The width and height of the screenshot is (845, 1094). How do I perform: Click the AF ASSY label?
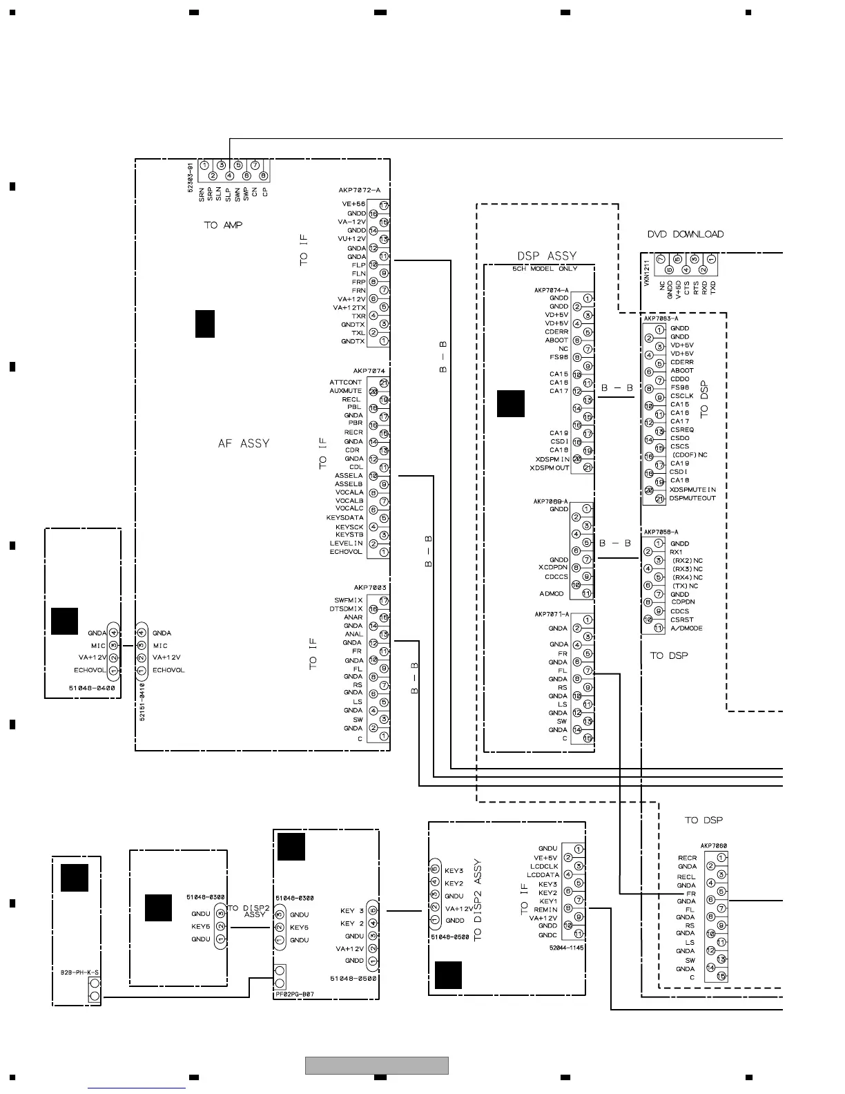pos(243,444)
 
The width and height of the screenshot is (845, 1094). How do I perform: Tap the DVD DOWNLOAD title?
pos(686,234)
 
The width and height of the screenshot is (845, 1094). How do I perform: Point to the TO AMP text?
pos(223,225)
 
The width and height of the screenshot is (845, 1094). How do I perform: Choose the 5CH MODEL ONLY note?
pos(545,269)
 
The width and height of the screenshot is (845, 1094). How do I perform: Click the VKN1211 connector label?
pos(647,273)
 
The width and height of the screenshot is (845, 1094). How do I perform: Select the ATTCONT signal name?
pos(345,383)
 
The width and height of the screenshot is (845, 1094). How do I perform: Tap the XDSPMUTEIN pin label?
pos(692,490)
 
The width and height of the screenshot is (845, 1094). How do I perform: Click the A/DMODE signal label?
pos(686,628)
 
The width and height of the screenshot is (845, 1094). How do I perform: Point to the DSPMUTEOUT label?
pos(692,498)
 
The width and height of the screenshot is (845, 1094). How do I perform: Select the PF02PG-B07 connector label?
pos(294,995)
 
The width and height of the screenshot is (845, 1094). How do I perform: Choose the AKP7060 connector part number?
pos(713,846)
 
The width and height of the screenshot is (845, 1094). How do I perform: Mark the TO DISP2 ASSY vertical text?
pos(478,899)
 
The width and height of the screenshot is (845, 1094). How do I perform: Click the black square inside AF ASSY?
pos(205,324)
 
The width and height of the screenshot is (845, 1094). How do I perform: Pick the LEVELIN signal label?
pos(346,544)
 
